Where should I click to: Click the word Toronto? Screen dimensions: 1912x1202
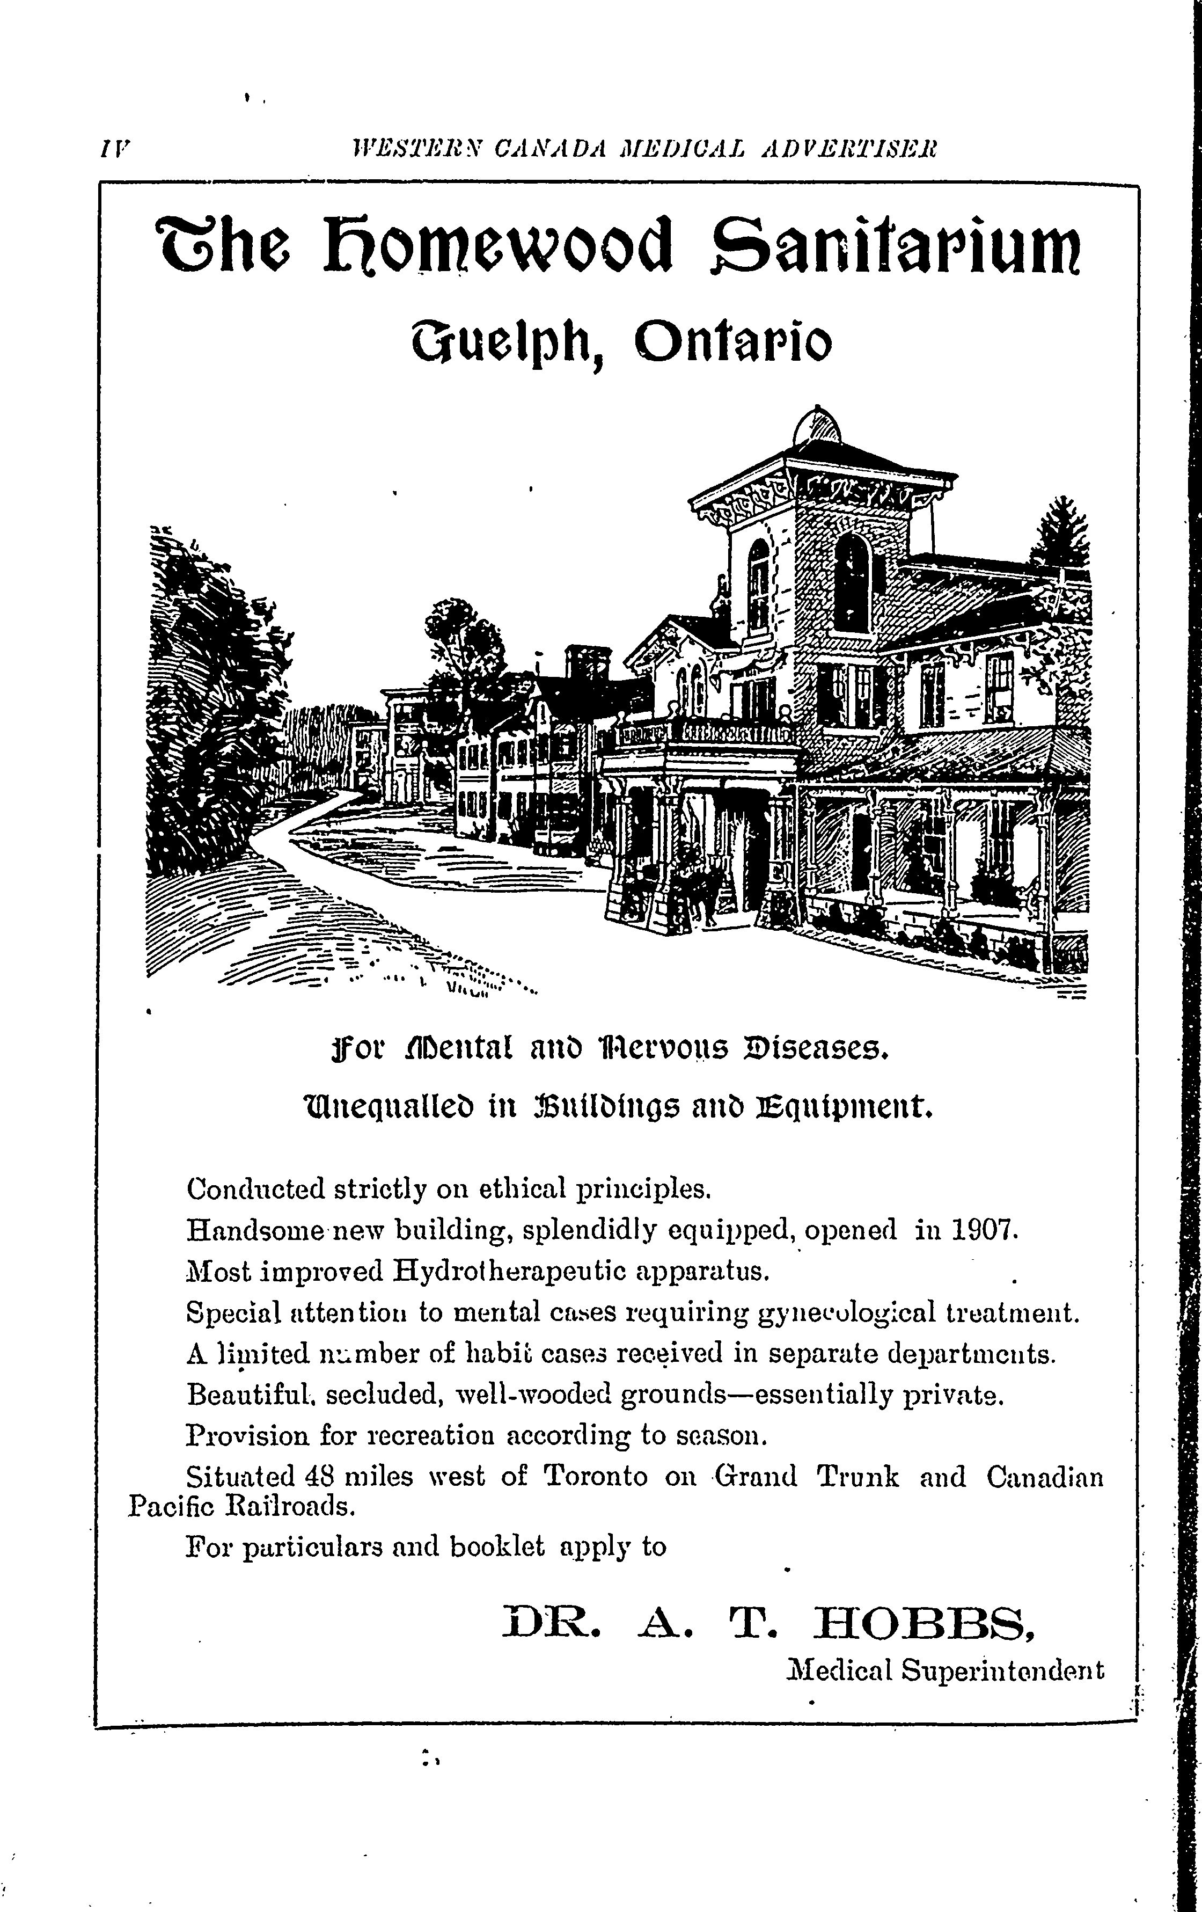pos(596,1476)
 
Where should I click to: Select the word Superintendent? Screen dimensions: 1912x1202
pos(1002,1670)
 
